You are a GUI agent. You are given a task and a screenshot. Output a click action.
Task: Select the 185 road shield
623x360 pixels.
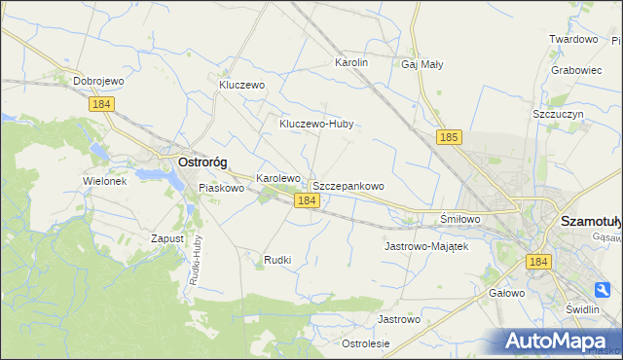448,138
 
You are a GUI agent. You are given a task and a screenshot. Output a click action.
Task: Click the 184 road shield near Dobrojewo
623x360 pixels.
101,104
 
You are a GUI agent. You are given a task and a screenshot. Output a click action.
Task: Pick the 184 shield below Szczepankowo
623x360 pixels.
306,199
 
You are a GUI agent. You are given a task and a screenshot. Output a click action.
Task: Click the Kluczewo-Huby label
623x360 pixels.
315,124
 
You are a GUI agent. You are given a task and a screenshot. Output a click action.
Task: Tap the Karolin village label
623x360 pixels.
351,62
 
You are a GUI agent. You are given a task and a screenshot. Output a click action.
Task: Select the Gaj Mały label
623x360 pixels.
421,64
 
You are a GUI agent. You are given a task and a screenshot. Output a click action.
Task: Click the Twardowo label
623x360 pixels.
572,39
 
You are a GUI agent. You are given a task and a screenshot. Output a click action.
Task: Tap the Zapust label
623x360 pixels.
167,238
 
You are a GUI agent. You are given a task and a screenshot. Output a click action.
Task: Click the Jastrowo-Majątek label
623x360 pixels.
426,246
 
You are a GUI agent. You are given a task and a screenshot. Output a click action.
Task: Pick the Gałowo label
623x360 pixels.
506,292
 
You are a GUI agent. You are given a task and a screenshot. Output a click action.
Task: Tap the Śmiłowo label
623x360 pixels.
460,219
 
